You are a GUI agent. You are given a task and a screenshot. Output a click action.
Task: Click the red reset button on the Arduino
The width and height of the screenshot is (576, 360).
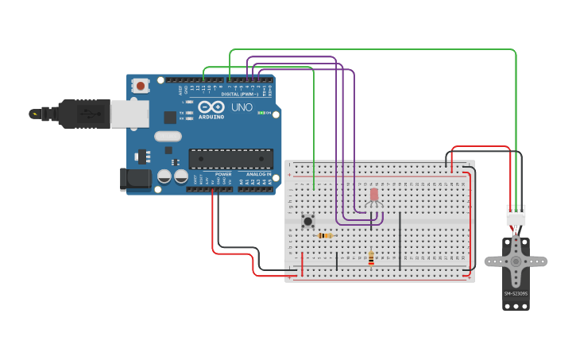(141, 85)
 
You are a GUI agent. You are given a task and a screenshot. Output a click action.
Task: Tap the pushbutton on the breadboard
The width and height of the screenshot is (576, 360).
(307, 220)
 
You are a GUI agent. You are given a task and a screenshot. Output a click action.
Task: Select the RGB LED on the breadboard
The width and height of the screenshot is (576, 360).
(374, 195)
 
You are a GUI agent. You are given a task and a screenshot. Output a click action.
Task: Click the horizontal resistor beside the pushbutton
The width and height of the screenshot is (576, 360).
(324, 235)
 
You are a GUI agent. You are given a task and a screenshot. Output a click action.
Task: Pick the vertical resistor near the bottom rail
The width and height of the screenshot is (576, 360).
(371, 258)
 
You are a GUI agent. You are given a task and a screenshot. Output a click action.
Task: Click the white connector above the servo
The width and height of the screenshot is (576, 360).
(516, 215)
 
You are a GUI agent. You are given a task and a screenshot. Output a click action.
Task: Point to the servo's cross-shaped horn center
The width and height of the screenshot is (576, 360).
(516, 261)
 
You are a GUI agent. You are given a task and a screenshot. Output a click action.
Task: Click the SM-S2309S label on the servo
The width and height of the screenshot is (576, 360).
(516, 294)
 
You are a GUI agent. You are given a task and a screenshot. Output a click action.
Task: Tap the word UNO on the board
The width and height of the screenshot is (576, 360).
(242, 107)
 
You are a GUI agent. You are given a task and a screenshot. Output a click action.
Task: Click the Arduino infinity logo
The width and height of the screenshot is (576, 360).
(211, 106)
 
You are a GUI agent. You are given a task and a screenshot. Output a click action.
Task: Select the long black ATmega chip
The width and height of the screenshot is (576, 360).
(230, 158)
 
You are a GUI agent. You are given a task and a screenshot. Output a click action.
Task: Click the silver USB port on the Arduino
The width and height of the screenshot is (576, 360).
(130, 114)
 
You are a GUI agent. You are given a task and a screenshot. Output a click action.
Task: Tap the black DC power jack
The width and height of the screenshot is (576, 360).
(135, 179)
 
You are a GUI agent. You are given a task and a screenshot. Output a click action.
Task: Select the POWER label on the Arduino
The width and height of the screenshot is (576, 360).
(222, 173)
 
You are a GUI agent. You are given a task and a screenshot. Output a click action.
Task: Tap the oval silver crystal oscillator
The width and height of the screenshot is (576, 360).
(168, 136)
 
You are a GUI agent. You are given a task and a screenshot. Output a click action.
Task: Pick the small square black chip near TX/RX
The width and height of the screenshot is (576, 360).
(170, 117)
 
